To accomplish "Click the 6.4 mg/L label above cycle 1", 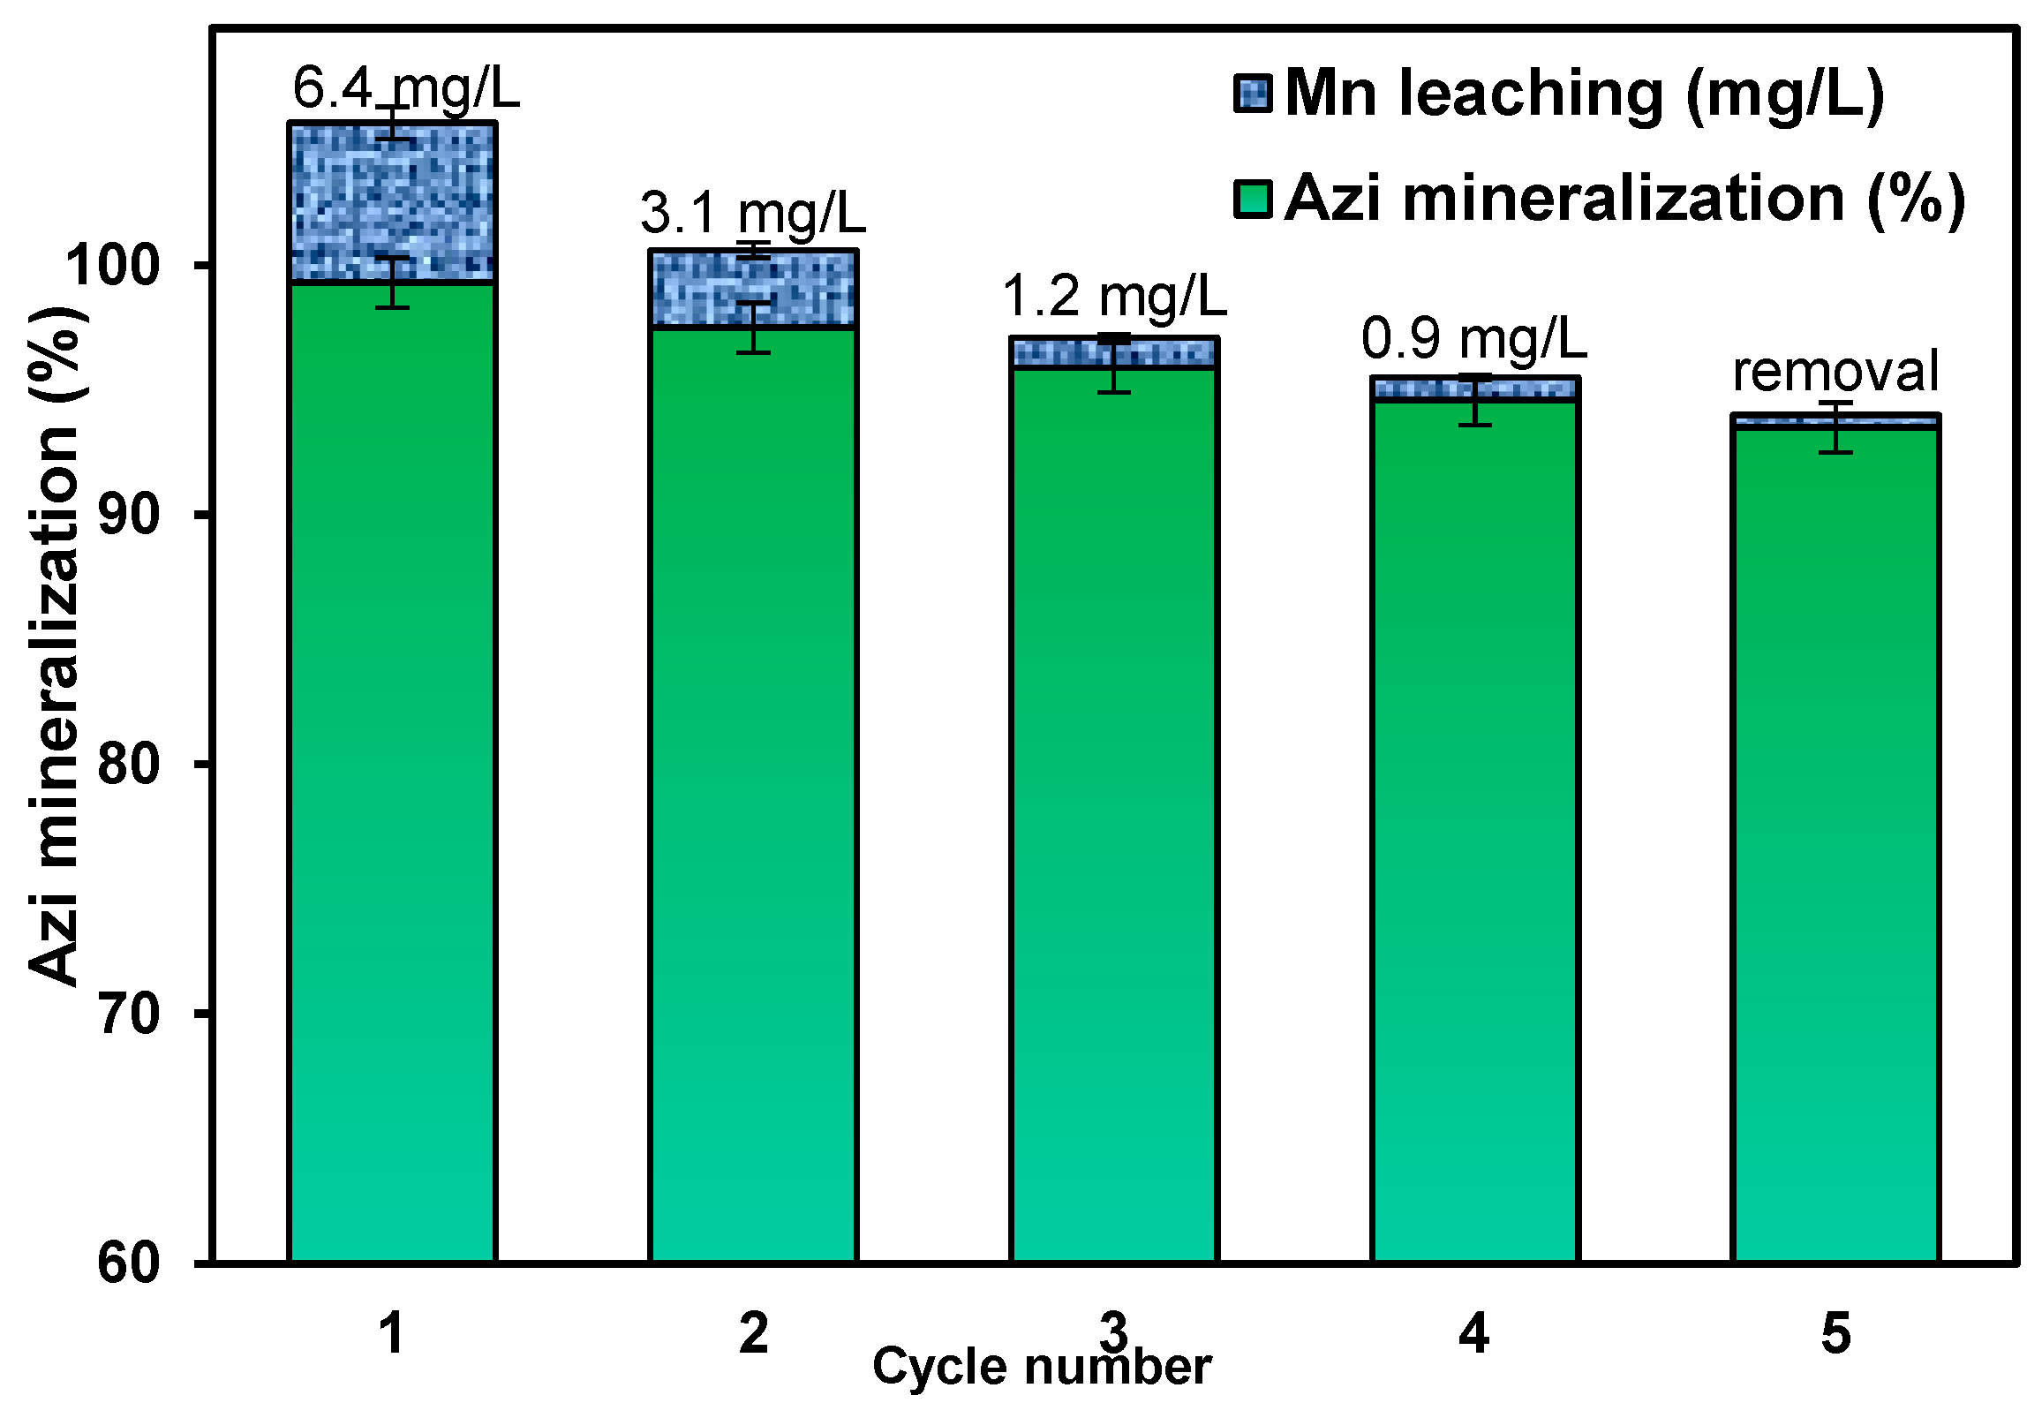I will click(405, 90).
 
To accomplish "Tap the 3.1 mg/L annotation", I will click(752, 215).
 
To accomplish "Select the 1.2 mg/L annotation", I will click(1114, 297).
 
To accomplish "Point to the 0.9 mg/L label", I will click(1473, 339).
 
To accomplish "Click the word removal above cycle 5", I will click(1835, 373).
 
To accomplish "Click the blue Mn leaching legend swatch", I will click(1253, 94).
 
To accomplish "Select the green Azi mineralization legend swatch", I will click(1253, 199).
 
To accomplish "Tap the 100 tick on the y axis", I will click(125, 266).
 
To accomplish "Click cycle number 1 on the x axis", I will click(392, 1333).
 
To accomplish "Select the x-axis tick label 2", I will click(753, 1333).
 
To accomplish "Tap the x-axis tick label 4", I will click(1473, 1333).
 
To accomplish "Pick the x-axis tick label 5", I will click(1835, 1333).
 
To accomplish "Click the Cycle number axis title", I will click(1041, 1368).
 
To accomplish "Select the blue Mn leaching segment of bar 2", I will click(753, 289).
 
